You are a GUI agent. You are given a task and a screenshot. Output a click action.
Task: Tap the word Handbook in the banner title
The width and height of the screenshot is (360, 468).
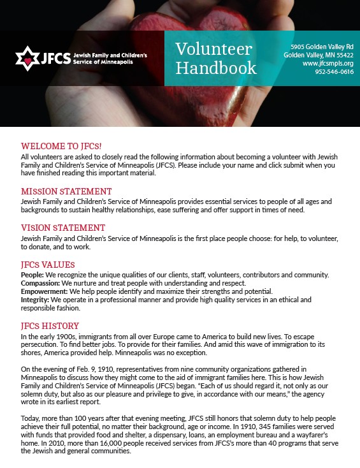pos(216,68)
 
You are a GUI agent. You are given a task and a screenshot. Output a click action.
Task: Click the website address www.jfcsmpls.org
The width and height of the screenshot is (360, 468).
pos(328,64)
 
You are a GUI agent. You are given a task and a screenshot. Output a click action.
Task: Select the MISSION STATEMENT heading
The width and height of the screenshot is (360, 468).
pos(66,191)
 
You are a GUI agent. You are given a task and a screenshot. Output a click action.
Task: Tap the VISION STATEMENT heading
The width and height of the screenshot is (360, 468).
pos(63,228)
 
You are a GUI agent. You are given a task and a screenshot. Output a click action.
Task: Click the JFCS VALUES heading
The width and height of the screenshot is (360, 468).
pos(48,264)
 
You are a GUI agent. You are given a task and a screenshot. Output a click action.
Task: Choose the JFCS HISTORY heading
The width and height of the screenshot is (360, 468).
pos(51,326)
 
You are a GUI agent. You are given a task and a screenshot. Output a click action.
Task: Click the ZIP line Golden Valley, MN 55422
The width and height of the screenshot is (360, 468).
pos(319,55)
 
